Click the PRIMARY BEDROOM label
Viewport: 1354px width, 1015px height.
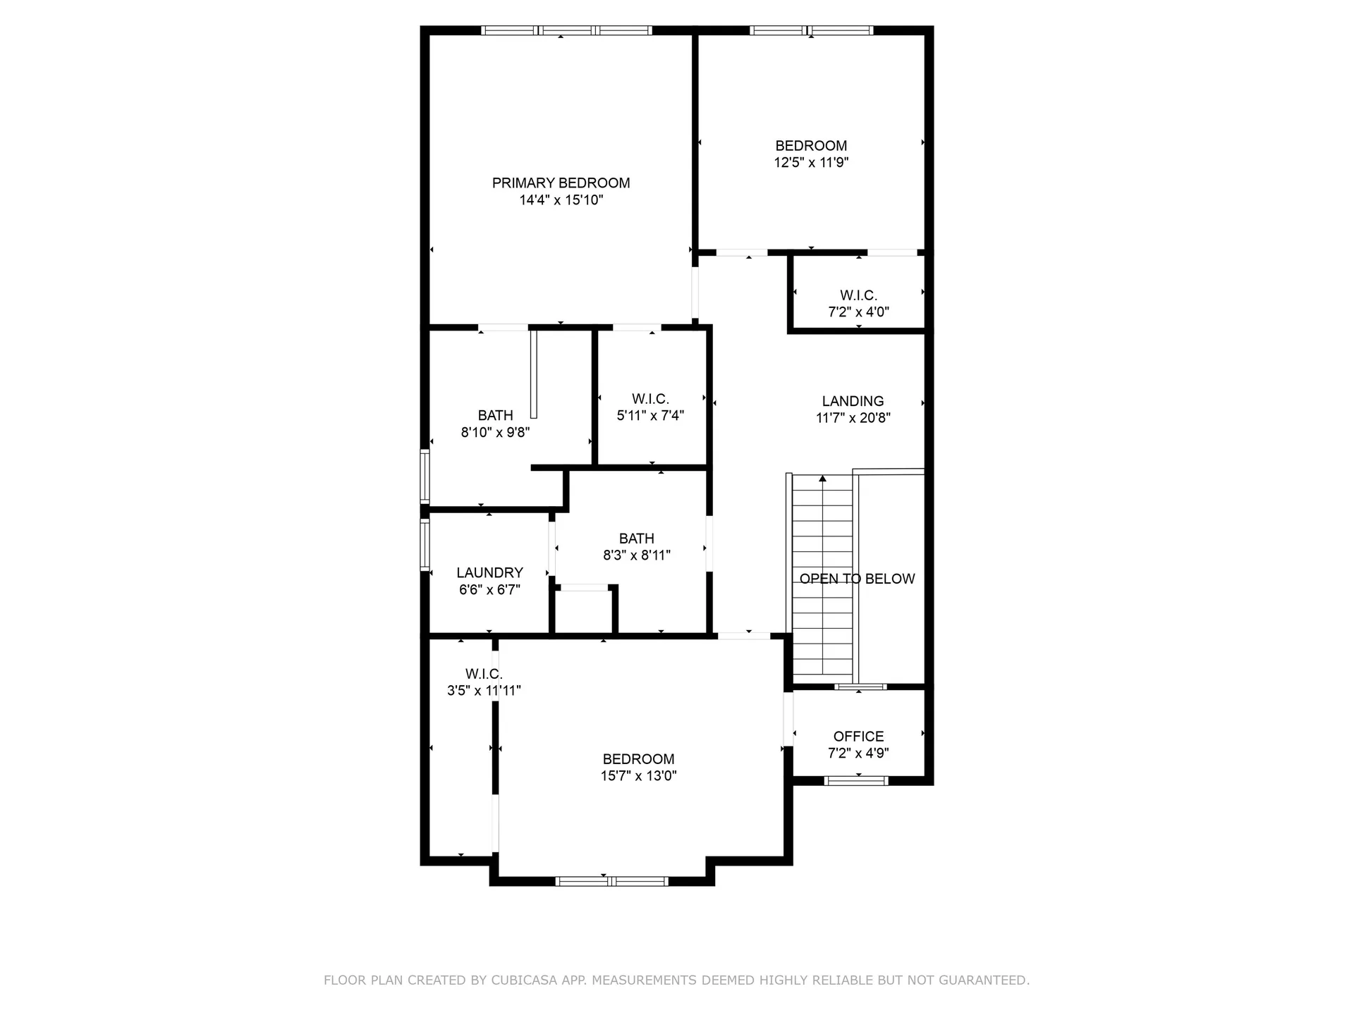coord(561,183)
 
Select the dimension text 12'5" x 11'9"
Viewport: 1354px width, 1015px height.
coord(811,163)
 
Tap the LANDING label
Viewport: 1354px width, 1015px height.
coord(853,401)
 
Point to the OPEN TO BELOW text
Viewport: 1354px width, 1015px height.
coord(857,579)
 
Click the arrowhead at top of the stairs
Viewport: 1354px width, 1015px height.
coord(822,479)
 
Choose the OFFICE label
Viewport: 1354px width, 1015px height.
coord(858,737)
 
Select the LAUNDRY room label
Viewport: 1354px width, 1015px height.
coord(489,573)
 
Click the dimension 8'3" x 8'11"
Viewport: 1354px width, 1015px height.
coord(636,555)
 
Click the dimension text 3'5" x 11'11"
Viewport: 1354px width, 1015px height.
coord(484,691)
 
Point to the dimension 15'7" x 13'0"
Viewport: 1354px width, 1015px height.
coord(638,776)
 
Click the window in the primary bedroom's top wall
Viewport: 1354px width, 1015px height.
coord(566,30)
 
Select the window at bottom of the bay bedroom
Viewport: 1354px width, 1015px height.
coord(611,881)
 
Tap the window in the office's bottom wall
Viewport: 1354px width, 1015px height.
coord(856,780)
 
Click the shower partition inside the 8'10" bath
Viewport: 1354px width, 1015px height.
coord(534,374)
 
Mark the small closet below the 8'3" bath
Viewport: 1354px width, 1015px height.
coord(583,612)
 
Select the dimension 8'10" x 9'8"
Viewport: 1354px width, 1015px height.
coord(495,433)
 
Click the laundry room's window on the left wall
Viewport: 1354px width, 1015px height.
coord(425,545)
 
